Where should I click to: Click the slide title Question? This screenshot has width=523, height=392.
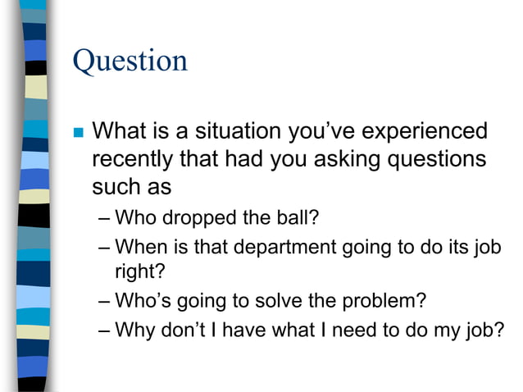130,62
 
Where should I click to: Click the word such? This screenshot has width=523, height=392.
114,186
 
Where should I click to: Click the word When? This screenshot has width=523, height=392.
139,246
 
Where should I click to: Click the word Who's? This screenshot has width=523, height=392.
142,301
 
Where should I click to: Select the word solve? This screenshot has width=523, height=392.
272,301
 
